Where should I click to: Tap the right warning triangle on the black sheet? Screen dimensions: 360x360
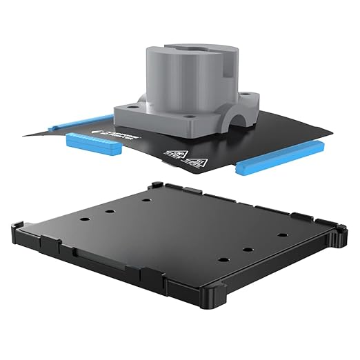pos(197,163)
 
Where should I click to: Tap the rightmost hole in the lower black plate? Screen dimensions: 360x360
pos(282,235)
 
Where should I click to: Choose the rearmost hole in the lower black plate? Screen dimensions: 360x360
pos(148,200)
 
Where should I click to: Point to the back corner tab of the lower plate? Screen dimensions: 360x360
pos(155,185)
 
